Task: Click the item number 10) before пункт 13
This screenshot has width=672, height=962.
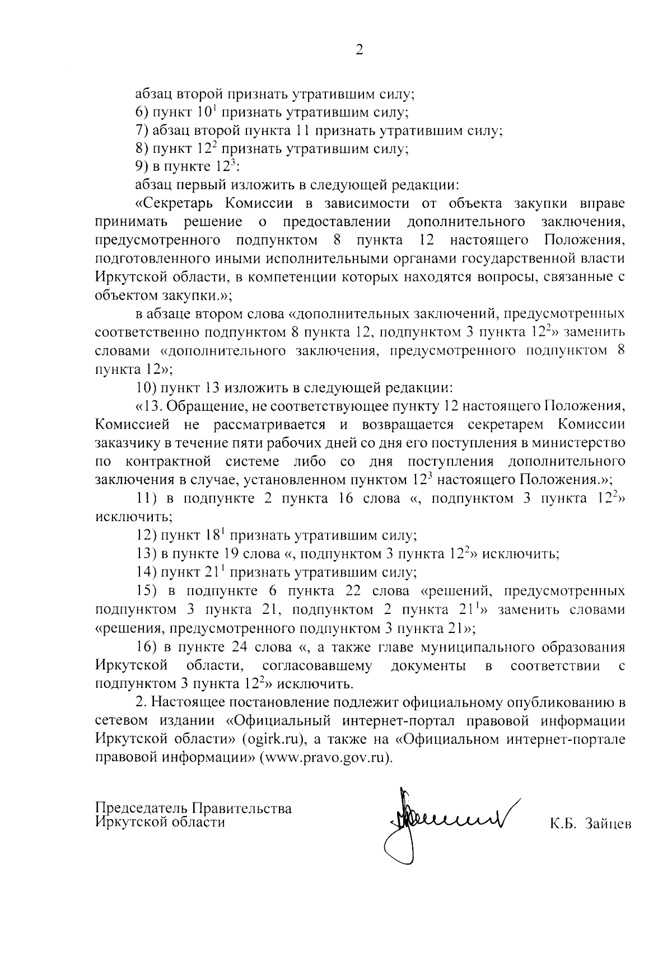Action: click(x=147, y=387)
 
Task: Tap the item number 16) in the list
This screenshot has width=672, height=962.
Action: click(x=147, y=647)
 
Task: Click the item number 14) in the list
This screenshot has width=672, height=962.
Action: click(x=147, y=572)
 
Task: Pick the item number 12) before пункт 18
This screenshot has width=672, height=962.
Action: click(x=147, y=536)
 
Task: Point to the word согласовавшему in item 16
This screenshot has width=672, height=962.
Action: click(x=316, y=666)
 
